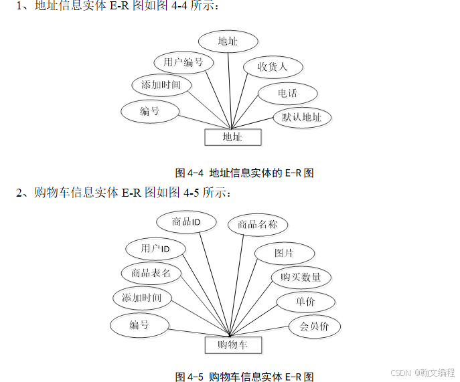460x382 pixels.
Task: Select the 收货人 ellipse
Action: pos(273,68)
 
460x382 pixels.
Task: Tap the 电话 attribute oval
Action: pos(287,94)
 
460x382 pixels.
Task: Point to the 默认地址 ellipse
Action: pos(302,118)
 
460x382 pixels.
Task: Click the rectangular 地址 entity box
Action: pos(232,137)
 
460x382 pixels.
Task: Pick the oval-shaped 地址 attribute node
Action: pos(228,41)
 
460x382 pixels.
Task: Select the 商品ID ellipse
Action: pos(186,221)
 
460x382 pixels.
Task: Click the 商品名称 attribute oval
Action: pos(257,225)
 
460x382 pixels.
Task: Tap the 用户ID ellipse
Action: pos(155,249)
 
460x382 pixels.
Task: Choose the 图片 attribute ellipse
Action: pos(284,254)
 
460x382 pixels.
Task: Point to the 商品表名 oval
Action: pos(151,273)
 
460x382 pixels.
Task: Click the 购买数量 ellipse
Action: pos(301,277)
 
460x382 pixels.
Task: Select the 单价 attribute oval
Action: pos(305,302)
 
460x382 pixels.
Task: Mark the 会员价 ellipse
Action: pos(314,327)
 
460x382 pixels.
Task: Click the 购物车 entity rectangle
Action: pos(232,345)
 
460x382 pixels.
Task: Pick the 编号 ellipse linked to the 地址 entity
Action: pos(149,111)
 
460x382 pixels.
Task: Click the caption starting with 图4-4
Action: pos(244,173)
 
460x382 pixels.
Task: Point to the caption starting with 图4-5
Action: pos(244,377)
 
